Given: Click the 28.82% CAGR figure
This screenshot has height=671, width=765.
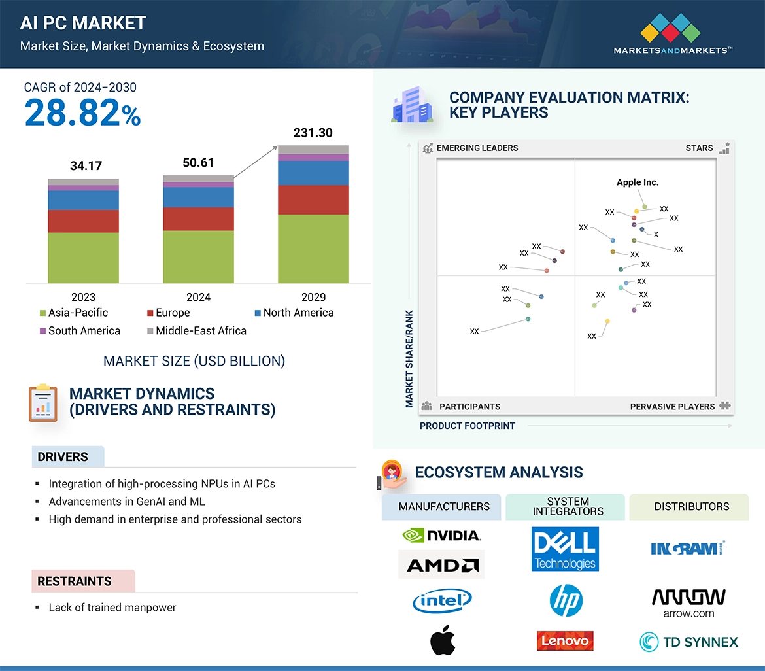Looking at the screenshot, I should coord(82,112).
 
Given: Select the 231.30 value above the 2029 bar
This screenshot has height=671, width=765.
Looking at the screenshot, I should coord(313,133).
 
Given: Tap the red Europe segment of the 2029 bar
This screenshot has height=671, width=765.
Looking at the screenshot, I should coord(313,199).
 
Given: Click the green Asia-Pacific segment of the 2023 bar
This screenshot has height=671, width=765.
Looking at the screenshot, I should coord(83,258).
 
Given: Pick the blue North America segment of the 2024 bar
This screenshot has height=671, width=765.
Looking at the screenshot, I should coord(198,197).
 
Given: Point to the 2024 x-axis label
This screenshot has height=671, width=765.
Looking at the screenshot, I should coord(198,297).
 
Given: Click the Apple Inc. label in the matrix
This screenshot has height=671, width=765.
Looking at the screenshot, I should coord(637,182).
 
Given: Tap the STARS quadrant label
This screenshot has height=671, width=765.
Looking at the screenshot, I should coord(699,148).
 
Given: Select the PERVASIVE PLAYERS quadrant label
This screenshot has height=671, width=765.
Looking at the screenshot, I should coord(672,407).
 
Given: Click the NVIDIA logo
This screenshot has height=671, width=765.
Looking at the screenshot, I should coord(441,536).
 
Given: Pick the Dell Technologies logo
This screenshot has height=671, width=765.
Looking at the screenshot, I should coord(565,549).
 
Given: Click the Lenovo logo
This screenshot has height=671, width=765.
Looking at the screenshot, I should coord(565,641).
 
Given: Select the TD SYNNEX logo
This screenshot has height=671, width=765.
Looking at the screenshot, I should coord(688,642).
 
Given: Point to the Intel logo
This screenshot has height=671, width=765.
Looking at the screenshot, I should coord(442,600).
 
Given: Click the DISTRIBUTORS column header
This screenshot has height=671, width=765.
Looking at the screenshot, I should coord(691,507).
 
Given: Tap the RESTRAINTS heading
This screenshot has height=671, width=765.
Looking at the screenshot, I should coord(75,581).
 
